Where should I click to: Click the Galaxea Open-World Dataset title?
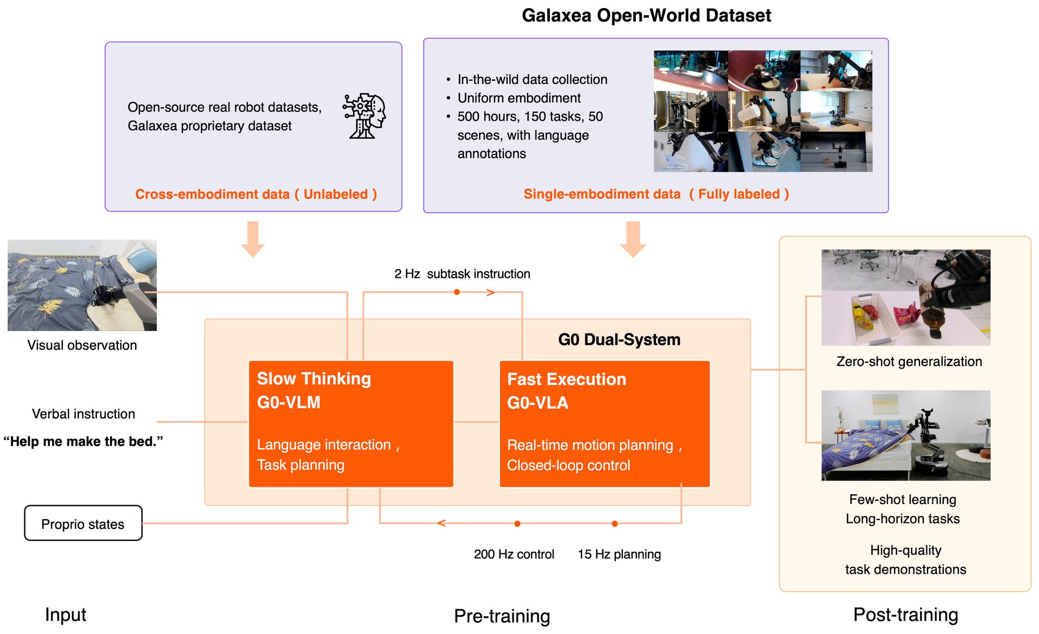point(646,16)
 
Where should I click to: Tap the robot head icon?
point(364,116)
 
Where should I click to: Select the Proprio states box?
point(83,523)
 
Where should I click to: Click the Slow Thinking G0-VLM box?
point(351,424)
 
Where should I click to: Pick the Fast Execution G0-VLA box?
point(604,424)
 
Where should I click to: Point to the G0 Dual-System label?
point(619,339)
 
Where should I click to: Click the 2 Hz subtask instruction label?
point(462,274)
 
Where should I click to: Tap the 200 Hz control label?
point(514,554)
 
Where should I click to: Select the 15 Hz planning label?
point(619,554)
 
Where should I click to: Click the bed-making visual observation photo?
point(82,285)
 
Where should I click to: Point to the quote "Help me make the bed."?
point(83,441)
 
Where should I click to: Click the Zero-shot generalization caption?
point(909,362)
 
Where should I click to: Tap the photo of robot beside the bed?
point(906,435)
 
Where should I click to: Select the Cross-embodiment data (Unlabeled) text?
point(256,194)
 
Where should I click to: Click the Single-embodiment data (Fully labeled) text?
point(656,194)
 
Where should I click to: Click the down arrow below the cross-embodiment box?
point(253,239)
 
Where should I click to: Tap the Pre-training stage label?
point(502,616)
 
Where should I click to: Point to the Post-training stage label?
point(906,615)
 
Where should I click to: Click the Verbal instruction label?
point(83,414)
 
